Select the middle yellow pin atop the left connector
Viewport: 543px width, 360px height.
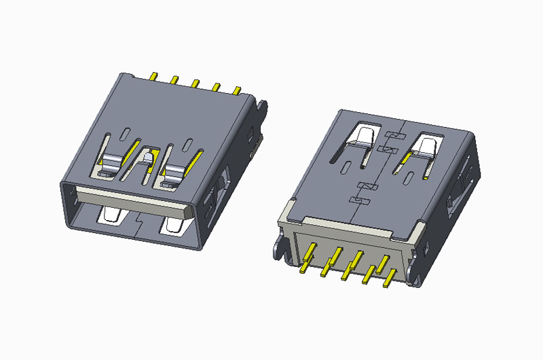tap(195, 83)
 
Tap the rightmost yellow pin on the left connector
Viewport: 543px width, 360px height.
tap(237, 90)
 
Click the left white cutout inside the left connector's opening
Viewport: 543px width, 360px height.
tap(110, 216)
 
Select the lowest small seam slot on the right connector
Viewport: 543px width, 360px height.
tap(355, 200)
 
